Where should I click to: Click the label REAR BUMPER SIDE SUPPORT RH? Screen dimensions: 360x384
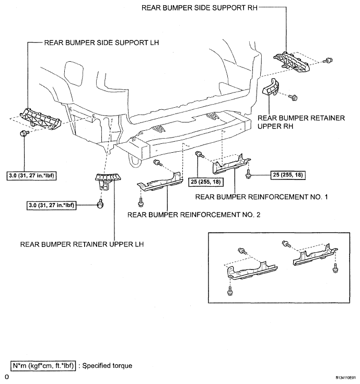200,8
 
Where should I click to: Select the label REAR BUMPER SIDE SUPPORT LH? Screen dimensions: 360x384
101,42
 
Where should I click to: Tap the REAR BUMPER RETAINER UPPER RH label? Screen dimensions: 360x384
301,122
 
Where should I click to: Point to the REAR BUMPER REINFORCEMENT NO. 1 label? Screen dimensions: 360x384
261,197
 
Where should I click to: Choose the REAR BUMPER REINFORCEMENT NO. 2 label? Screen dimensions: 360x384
194,215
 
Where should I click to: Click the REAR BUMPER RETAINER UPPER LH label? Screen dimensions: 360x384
82,244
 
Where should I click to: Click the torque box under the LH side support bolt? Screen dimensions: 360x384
31,176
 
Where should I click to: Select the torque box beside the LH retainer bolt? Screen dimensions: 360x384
51,205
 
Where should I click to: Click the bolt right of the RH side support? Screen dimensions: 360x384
328,60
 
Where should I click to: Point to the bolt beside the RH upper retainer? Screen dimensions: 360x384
293,97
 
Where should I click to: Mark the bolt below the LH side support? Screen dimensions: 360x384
24,133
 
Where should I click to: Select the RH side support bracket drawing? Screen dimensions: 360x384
291,62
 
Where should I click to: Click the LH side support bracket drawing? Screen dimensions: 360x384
40,118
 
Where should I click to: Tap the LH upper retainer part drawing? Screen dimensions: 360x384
108,182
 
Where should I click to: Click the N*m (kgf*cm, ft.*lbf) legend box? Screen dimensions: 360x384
43,366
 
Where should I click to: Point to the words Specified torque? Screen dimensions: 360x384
107,366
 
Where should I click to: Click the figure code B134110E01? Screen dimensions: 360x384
345,378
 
